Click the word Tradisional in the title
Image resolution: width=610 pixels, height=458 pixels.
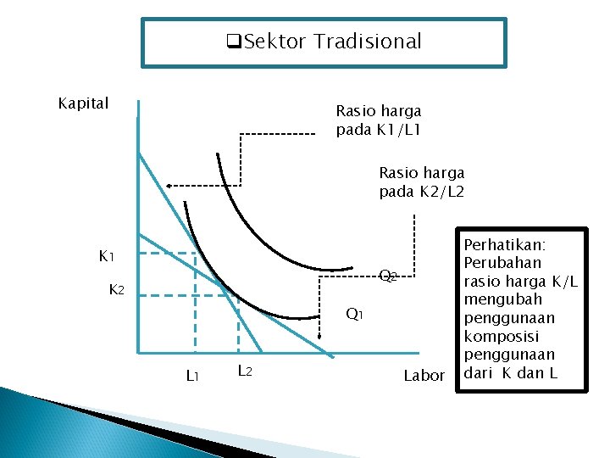(368, 41)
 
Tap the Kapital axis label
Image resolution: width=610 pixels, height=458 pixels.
(83, 103)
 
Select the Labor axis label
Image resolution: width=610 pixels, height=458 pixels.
(424, 375)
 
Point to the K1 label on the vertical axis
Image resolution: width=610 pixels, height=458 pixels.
(107, 255)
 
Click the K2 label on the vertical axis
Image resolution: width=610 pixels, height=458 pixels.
(117, 290)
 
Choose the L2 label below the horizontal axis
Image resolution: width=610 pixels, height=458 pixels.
(244, 370)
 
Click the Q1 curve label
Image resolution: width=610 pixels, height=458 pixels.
(354, 315)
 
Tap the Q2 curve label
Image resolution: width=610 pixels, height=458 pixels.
(387, 276)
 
